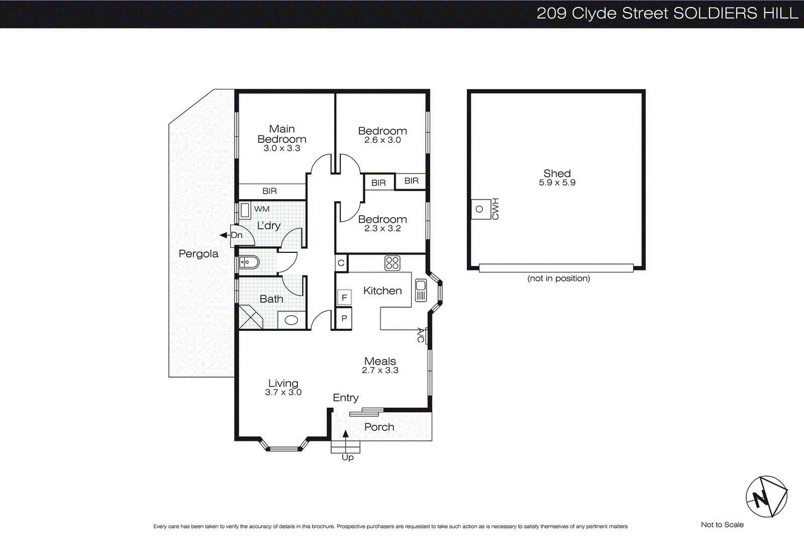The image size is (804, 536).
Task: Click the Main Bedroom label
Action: coord(281,134)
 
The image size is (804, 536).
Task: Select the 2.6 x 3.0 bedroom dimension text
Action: coord(382,140)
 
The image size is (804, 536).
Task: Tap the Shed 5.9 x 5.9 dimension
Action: coord(557,183)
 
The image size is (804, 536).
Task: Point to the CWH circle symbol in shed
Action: coord(479,209)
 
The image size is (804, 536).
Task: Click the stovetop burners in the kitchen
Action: coord(392,263)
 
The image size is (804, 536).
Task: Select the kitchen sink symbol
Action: coord(421,291)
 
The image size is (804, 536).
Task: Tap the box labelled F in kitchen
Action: coord(344,298)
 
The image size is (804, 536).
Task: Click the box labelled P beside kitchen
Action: coord(344,318)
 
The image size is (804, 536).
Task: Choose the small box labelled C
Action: coord(341,263)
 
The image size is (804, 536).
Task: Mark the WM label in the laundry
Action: coord(262,209)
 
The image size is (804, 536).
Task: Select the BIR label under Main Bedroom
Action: coord(270,191)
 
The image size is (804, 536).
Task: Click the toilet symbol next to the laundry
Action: coord(248,262)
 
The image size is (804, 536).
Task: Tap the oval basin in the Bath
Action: coord(291,320)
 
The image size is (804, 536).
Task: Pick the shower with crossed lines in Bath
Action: coord(250,317)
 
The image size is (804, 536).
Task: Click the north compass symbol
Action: coord(766,497)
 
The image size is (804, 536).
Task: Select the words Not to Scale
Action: coord(722,525)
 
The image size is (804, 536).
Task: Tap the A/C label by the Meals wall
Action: coord(421,335)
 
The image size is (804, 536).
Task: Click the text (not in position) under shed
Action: coord(559,279)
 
